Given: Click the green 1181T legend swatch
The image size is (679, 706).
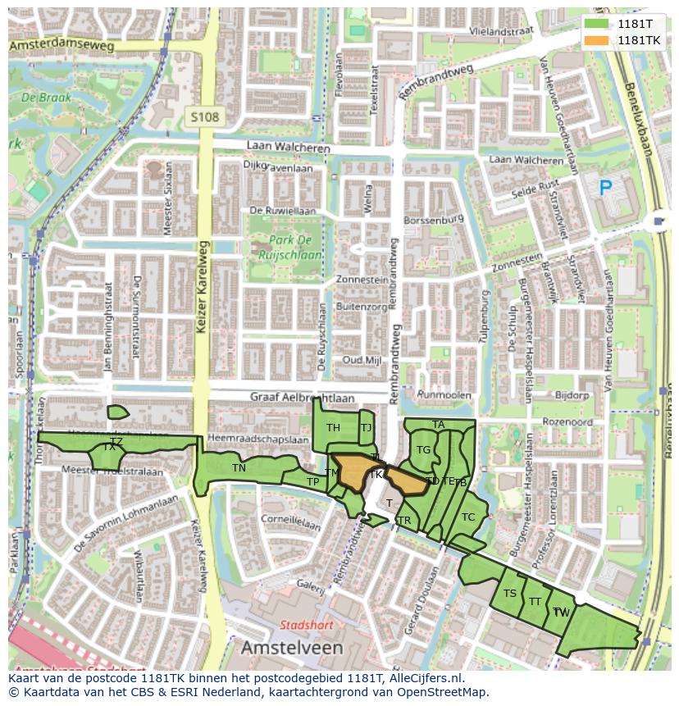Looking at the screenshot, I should [597, 24].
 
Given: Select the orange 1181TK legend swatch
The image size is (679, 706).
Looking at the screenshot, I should [597, 40].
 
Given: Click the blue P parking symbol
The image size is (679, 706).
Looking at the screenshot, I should [605, 189].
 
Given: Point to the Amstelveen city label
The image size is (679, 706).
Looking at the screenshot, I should [292, 648].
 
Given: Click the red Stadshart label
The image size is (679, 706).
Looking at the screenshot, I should [305, 625].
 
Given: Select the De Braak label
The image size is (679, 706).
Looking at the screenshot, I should [46, 98].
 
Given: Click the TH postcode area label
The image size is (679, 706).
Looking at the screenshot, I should [333, 428].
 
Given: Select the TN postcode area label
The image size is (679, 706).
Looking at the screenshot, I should [239, 468].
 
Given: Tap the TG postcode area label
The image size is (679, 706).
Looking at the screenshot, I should [423, 450].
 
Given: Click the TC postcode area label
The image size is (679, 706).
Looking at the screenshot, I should [468, 517].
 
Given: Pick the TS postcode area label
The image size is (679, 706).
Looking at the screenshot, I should [510, 594].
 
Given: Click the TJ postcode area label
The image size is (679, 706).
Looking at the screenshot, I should [366, 427].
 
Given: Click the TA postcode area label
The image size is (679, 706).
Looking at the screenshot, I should [439, 425].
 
